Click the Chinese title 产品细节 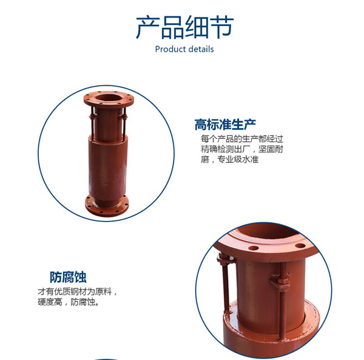click(x=184, y=27)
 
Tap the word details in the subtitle click(x=201, y=49)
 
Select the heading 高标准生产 click(x=225, y=124)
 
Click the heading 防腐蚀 click(x=68, y=277)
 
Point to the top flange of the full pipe click(x=109, y=99)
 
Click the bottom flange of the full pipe click(x=107, y=206)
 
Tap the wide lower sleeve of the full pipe click(x=108, y=167)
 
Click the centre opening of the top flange click(x=109, y=97)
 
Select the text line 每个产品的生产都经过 click(x=242, y=138)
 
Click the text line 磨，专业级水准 click(x=229, y=159)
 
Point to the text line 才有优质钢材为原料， click(x=78, y=291)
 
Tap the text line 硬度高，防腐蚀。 click(x=69, y=302)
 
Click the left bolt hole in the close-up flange click(x=254, y=248)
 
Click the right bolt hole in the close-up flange click(x=300, y=245)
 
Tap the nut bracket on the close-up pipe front click(x=280, y=282)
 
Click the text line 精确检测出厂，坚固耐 click(x=242, y=149)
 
